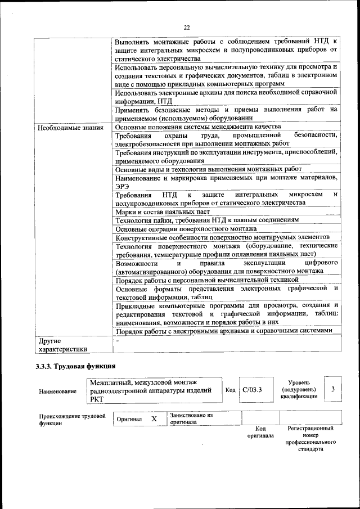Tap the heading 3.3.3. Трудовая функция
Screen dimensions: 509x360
pos(71,367)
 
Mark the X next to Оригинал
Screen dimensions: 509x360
pos(154,419)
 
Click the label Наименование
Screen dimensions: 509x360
pos(58,391)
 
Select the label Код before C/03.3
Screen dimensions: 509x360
pos(231,390)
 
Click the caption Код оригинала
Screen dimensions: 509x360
pos(260,432)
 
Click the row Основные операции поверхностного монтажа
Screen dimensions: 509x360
pos(186,229)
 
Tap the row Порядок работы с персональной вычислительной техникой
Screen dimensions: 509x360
pos(206,280)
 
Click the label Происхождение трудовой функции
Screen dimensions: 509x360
pos(72,420)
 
